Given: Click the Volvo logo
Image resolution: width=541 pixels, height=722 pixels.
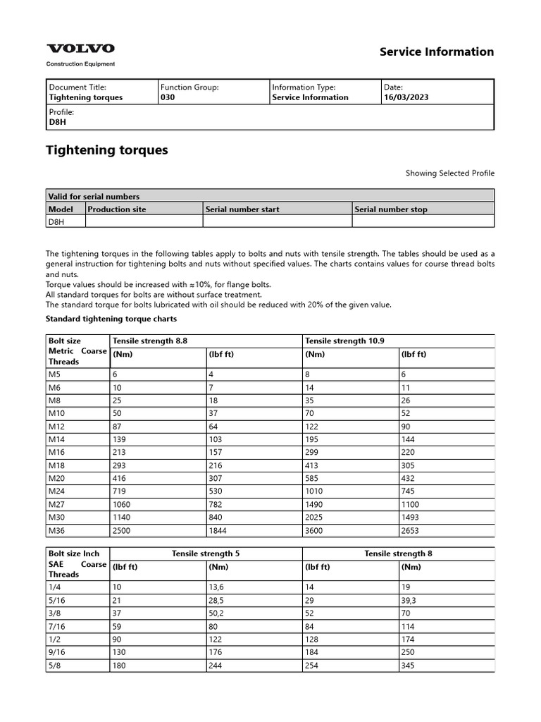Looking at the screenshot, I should point(80,49).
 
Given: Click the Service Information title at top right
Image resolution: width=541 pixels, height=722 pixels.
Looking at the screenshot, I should point(437,51).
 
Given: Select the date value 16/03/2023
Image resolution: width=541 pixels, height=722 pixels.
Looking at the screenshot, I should point(406,97).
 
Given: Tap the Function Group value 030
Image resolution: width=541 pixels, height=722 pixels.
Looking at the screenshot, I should point(168,97).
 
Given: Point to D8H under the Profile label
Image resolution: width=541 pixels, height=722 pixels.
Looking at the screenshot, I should point(56,121).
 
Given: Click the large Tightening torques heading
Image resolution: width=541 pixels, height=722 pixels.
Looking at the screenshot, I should point(106,150).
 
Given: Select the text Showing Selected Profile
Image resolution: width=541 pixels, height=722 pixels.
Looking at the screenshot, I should point(449,173).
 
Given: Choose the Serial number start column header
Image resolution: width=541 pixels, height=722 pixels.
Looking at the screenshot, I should point(242,209).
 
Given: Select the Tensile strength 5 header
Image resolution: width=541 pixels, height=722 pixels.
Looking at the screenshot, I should point(206,553).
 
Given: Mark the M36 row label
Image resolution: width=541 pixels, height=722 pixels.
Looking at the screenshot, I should point(56,530).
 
